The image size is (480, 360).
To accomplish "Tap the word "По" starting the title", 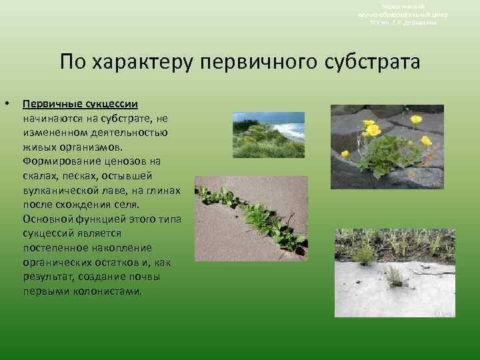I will click(73, 63).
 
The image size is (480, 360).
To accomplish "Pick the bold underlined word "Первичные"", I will click(53, 105).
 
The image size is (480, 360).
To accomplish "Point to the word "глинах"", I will click(163, 191).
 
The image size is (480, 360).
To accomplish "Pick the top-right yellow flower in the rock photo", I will click(416, 119).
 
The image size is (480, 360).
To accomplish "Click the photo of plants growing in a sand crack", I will click(250, 218).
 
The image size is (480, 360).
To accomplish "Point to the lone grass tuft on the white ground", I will click(393, 275).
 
